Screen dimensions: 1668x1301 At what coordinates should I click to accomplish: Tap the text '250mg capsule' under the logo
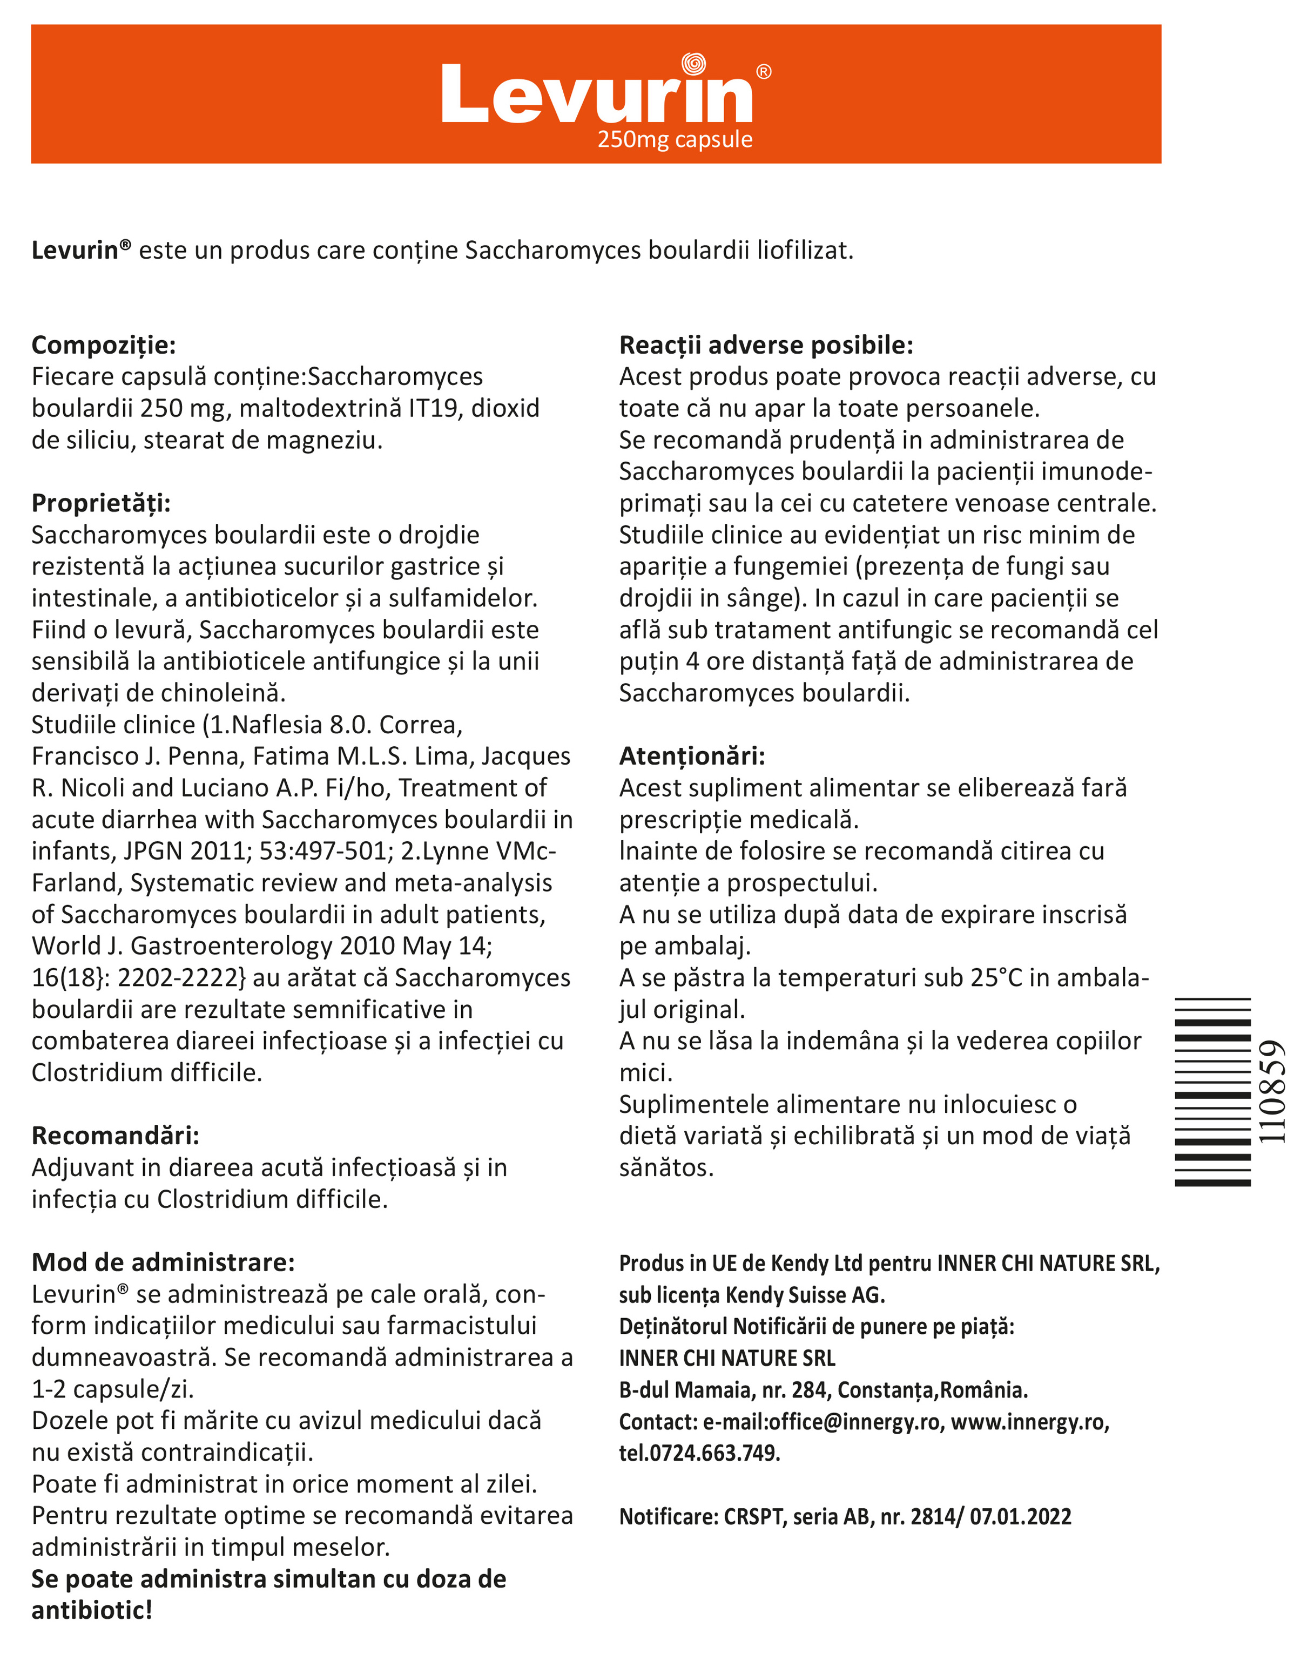pos(675,140)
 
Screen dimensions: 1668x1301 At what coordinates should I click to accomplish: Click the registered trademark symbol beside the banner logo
pos(763,72)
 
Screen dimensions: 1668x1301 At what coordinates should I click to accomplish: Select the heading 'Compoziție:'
pos(104,345)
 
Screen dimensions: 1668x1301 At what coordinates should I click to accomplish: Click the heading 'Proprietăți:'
pos(101,503)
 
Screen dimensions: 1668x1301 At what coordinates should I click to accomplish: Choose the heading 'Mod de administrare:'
pos(163,1262)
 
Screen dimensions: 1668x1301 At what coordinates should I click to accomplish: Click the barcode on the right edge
pos(1212,1092)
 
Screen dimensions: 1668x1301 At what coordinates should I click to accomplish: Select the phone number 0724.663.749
pos(714,1452)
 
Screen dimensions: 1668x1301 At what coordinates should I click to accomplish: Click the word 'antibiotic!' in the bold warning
pos(92,1611)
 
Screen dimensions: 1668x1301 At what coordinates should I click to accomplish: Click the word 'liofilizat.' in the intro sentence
pos(805,251)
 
